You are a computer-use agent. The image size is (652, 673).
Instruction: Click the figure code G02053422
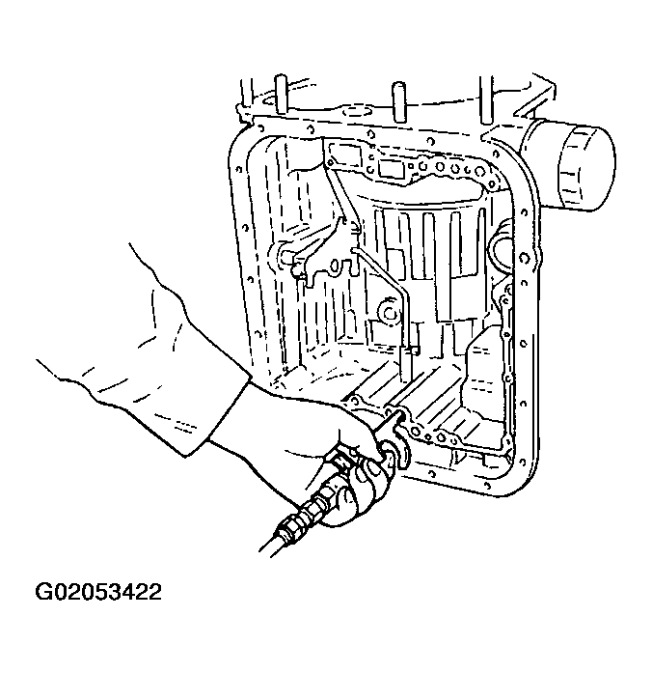click(x=98, y=592)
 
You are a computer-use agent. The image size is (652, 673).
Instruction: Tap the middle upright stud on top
click(x=398, y=101)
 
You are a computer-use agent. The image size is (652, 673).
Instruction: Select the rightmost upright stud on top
click(x=486, y=99)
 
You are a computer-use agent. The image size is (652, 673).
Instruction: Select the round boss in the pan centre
click(x=390, y=313)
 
